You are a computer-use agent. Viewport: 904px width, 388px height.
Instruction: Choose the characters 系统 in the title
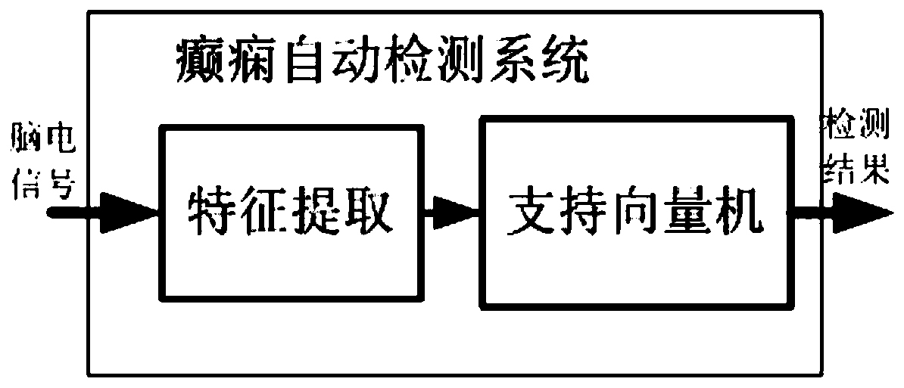coord(537,63)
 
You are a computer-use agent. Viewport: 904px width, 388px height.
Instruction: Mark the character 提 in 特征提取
coord(319,211)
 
